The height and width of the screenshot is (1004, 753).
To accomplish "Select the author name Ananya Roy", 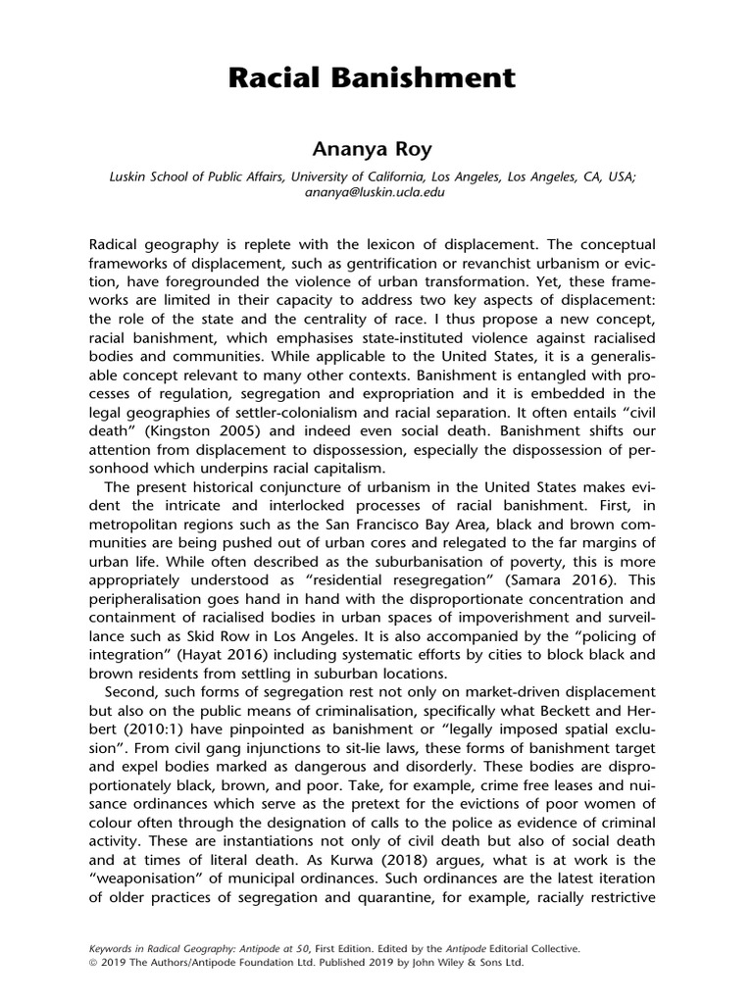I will pyautogui.click(x=376, y=148).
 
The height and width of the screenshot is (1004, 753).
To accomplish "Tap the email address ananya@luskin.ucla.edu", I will pyautogui.click(x=376, y=193).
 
